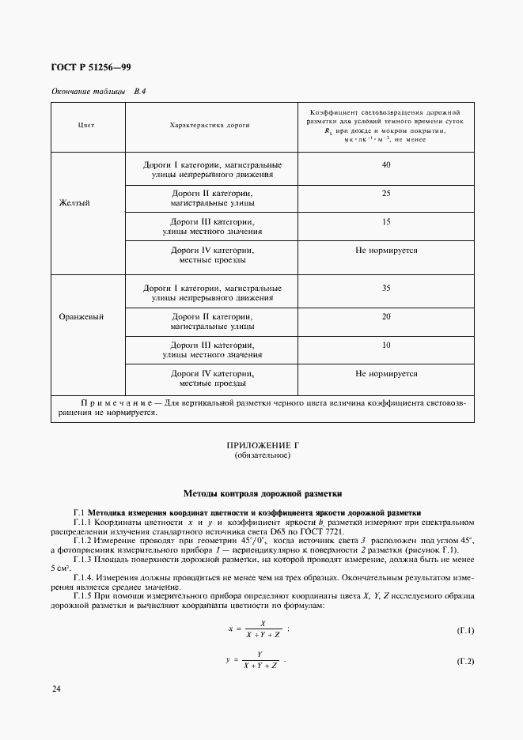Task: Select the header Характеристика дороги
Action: [x=210, y=126]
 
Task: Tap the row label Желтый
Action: [x=75, y=202]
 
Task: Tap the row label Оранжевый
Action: [x=81, y=316]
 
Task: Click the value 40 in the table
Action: [x=386, y=164]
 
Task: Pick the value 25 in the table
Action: [x=386, y=193]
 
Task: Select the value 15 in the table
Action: [x=386, y=222]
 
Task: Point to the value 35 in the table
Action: [x=386, y=288]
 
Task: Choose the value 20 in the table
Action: [x=386, y=316]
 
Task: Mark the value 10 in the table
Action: [x=386, y=345]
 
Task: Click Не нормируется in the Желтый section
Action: [x=386, y=251]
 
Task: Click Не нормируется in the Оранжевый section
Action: [x=386, y=373]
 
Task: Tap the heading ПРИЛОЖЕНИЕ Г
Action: [x=263, y=447]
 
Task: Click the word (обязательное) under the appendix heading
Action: [x=263, y=457]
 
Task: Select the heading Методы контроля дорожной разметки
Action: [x=263, y=493]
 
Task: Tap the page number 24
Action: [x=56, y=690]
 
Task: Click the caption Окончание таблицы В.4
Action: [x=99, y=91]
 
